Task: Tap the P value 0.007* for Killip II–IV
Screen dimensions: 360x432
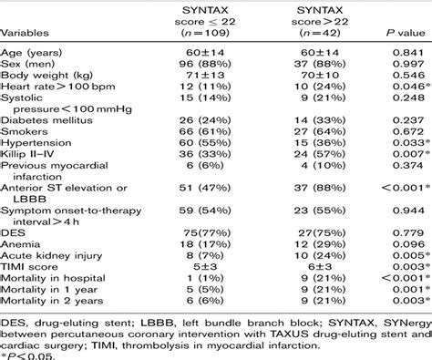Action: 401,181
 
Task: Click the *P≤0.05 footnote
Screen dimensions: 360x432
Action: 26,355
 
